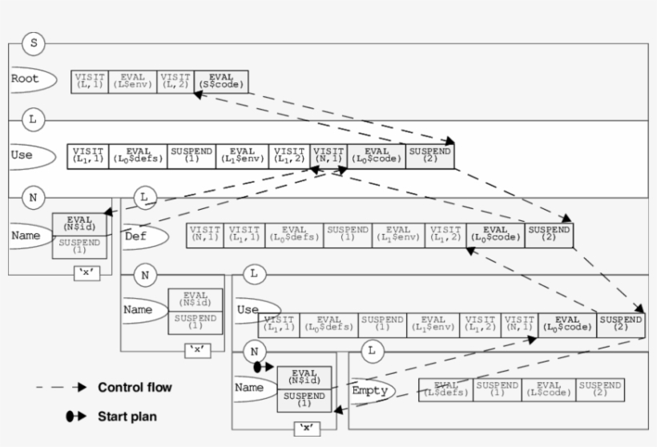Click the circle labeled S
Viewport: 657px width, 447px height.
pyautogui.click(x=33, y=43)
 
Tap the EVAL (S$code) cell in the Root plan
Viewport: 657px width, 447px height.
pyautogui.click(x=221, y=81)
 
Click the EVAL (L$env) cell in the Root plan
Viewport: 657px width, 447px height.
pyautogui.click(x=132, y=81)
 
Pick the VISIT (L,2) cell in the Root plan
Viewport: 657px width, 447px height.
pyautogui.click(x=175, y=81)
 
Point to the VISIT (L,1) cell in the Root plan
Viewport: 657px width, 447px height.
pyautogui.click(x=90, y=81)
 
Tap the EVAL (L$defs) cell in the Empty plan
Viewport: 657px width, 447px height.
pyautogui.click(x=445, y=390)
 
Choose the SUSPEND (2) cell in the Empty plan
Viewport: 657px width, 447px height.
pyautogui.click(x=600, y=390)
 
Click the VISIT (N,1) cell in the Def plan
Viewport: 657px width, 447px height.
pyautogui.click(x=205, y=235)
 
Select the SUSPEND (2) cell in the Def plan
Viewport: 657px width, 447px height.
pyautogui.click(x=548, y=235)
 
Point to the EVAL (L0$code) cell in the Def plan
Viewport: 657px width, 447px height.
pyautogui.click(x=495, y=235)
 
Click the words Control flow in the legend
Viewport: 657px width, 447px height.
pyautogui.click(x=135, y=388)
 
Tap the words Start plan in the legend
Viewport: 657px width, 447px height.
pyautogui.click(x=127, y=417)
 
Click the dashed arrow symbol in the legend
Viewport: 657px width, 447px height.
pyautogui.click(x=61, y=388)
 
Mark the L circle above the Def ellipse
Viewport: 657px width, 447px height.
pyautogui.click(x=143, y=196)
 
